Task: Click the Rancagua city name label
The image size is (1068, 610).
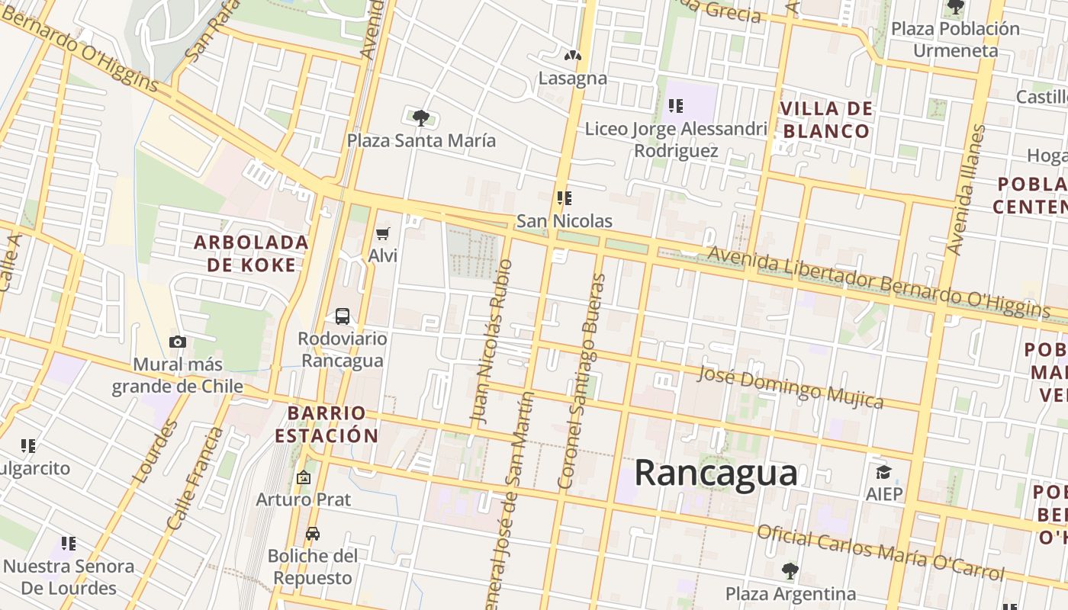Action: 716,473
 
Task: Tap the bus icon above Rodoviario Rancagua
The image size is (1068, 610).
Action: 343,316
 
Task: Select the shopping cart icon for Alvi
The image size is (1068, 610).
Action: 383,233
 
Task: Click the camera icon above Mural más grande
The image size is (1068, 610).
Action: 178,342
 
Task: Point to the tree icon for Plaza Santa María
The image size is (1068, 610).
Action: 420,117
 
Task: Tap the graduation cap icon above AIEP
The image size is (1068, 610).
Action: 883,472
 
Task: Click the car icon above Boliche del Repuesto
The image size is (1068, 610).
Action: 313,533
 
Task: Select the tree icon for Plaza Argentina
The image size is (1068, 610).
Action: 790,570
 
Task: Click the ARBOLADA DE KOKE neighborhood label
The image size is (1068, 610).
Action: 251,254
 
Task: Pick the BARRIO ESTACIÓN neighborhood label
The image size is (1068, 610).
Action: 327,425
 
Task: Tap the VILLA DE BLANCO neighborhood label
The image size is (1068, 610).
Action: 826,120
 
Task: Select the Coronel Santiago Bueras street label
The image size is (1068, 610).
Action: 582,381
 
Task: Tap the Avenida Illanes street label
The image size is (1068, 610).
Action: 967,191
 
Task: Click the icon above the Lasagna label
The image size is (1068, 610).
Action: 573,56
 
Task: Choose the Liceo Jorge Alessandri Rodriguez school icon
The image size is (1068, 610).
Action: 675,106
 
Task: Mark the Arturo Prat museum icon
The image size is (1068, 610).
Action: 304,478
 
